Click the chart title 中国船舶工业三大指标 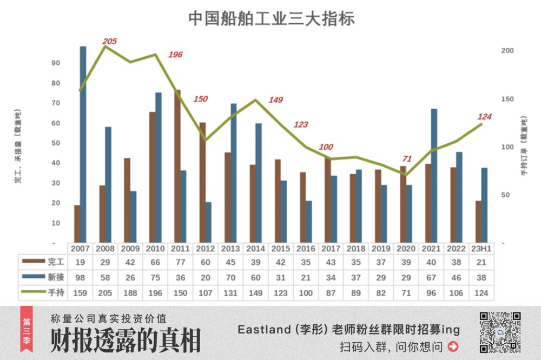point(272,18)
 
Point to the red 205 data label point(110,42)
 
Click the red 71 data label point(407,159)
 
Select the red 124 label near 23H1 point(484,116)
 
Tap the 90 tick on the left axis point(55,63)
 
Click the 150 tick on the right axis point(507,99)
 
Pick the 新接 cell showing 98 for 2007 point(80,277)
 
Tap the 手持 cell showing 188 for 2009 point(130,292)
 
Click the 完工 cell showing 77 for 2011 point(180,262)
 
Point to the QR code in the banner point(500,332)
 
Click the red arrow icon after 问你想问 point(453,346)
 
